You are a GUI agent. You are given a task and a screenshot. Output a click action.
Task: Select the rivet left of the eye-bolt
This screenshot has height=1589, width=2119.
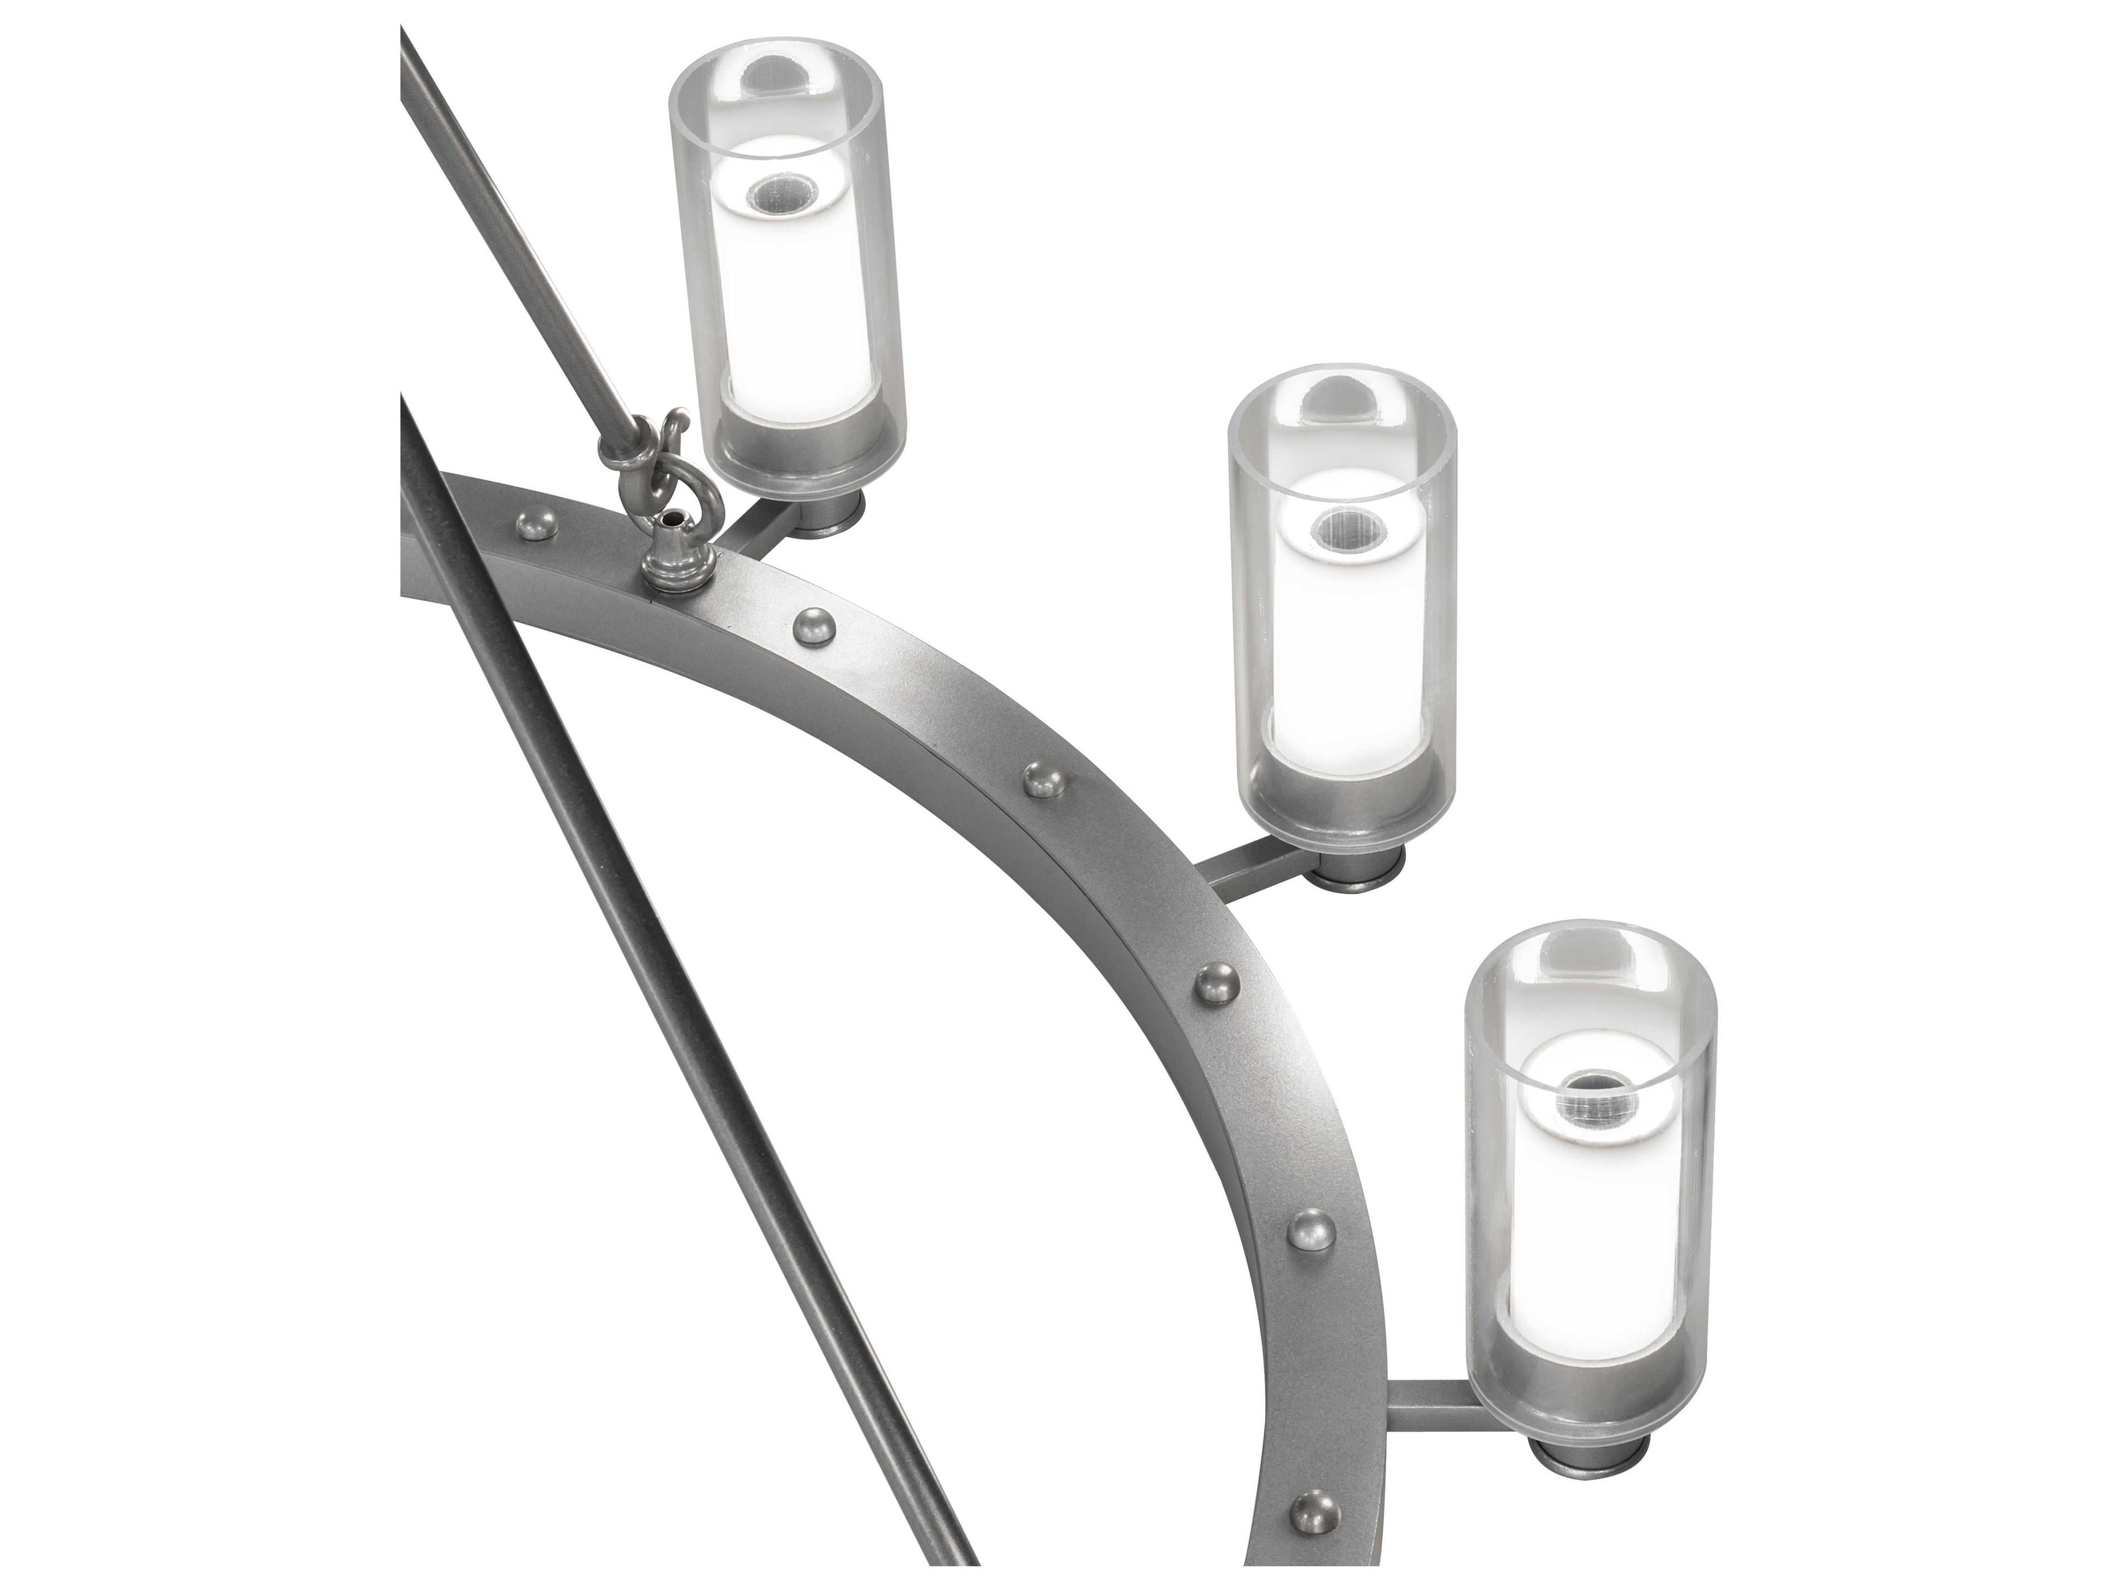(535, 523)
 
